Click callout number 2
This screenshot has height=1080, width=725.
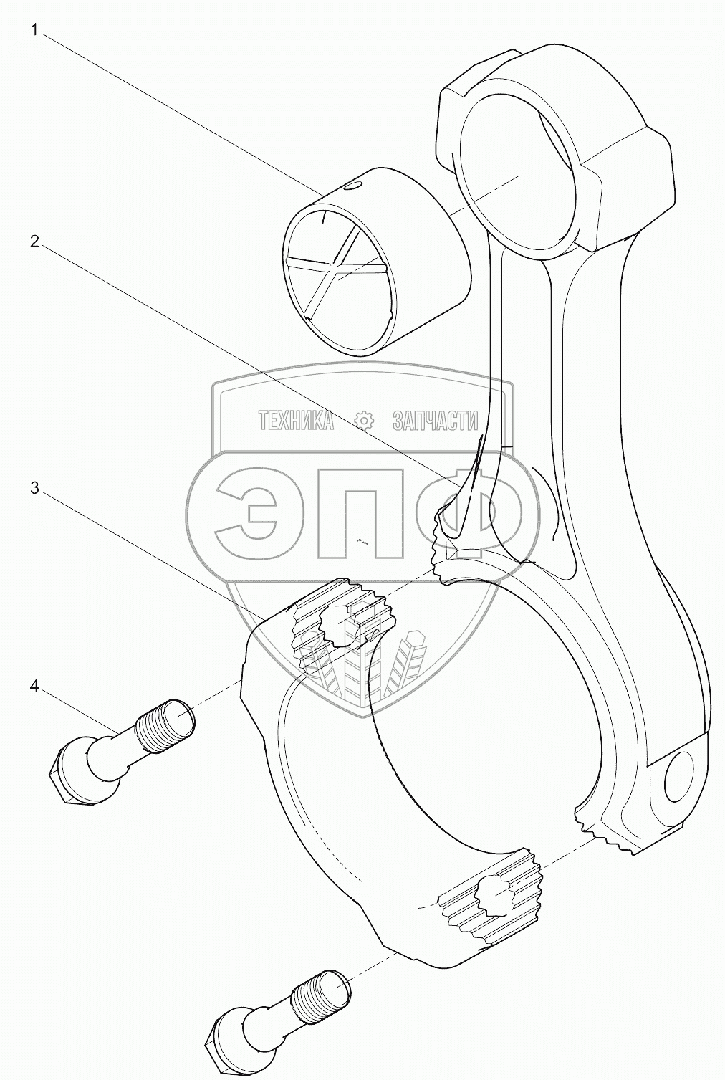pyautogui.click(x=34, y=242)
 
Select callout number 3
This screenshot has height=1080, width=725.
pyautogui.click(x=34, y=488)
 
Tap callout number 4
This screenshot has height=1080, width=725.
pyautogui.click(x=34, y=686)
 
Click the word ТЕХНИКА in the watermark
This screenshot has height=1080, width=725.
pyautogui.click(x=296, y=421)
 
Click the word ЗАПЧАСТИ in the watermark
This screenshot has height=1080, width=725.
pyautogui.click(x=435, y=421)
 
